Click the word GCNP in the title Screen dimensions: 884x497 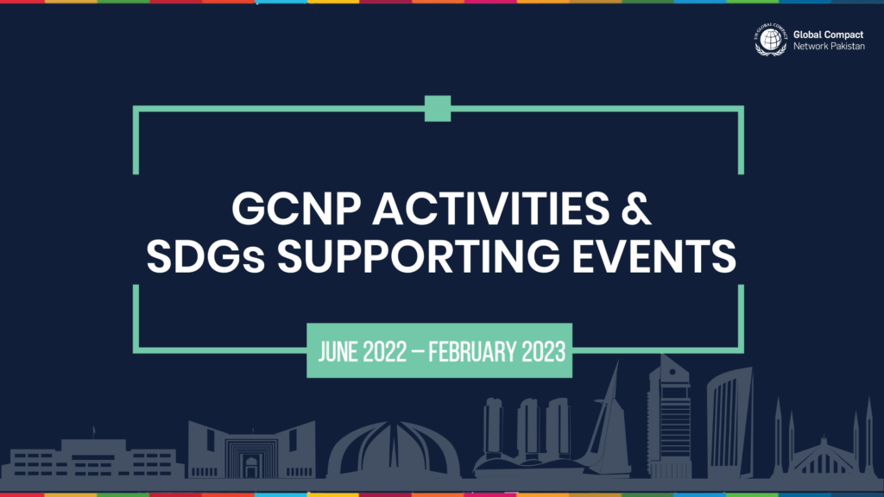(296, 209)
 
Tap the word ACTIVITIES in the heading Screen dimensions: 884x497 (490, 209)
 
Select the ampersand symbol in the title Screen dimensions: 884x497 (636, 209)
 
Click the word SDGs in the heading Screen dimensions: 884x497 (205, 255)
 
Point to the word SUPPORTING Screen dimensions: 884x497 (419, 255)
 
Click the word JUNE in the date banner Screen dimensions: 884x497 (338, 352)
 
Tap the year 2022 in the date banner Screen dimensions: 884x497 (384, 352)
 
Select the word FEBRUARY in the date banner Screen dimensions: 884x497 (472, 352)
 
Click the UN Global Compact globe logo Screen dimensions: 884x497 (771, 40)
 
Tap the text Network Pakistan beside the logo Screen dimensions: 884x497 (829, 47)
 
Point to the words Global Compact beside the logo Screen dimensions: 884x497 (828, 35)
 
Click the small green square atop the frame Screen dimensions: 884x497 (438, 109)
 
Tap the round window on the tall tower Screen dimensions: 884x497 (672, 373)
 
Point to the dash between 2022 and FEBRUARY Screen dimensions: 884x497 (418, 352)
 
